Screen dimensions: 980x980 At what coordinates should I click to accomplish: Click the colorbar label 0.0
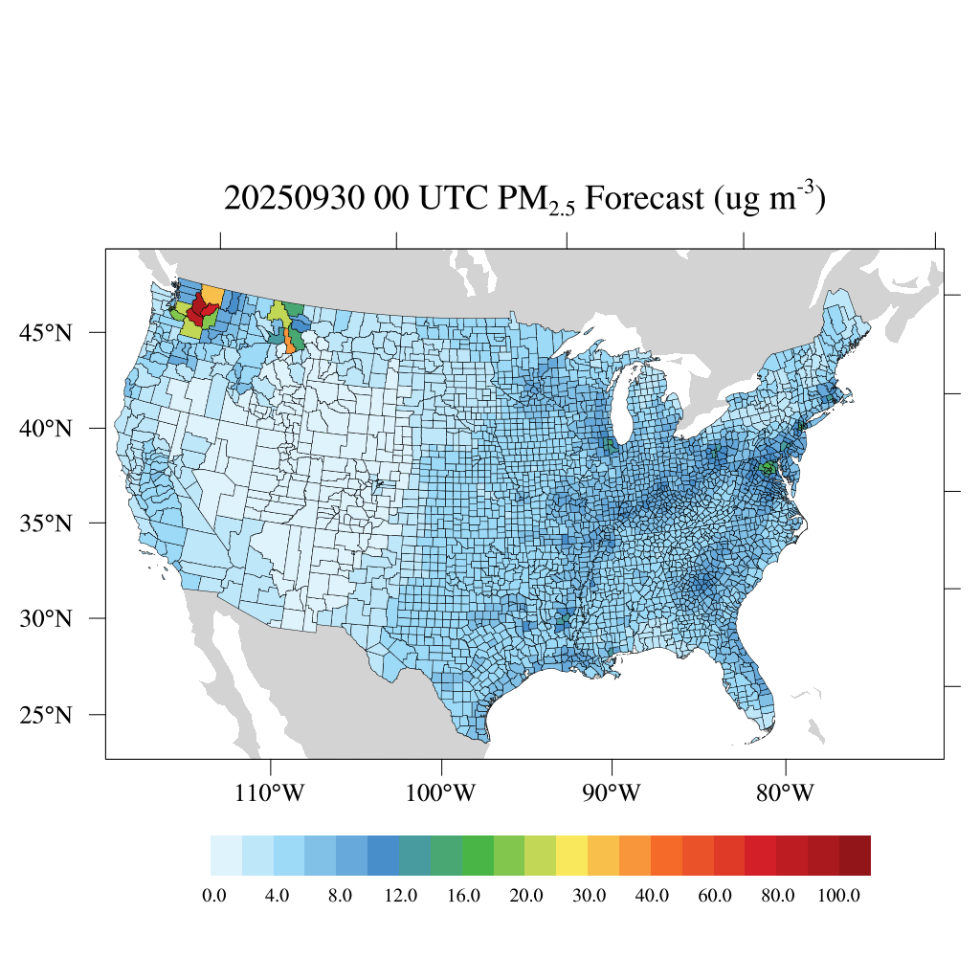tap(214, 896)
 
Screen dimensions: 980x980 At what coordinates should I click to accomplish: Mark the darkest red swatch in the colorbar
tap(855, 856)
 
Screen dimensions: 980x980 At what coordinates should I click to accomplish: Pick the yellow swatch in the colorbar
tap(571, 856)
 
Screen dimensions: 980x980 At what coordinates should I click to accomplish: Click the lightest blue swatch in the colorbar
tap(226, 856)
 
